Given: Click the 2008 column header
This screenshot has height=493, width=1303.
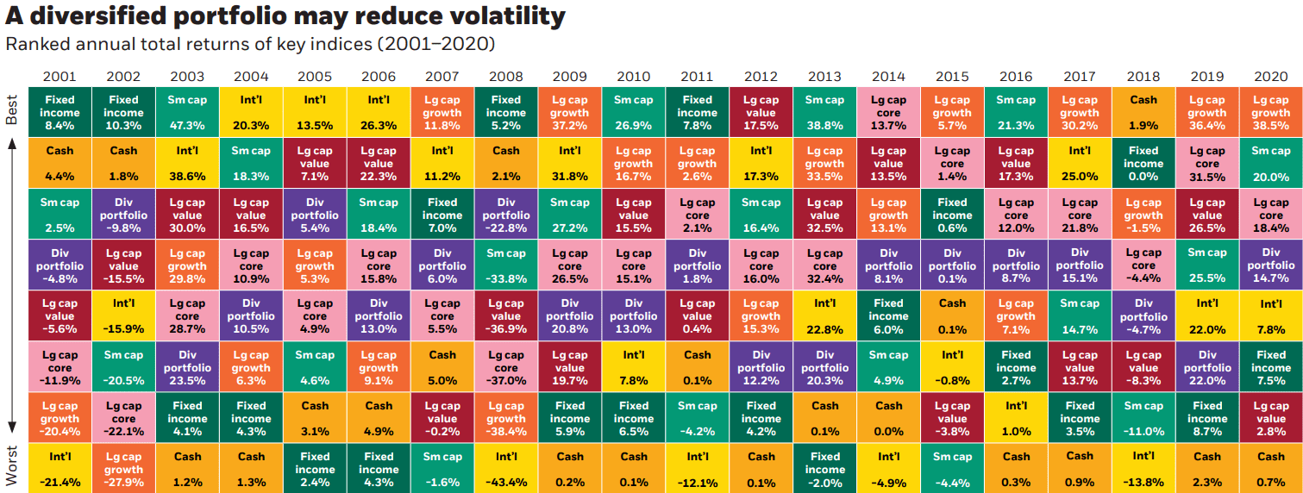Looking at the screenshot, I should (505, 77).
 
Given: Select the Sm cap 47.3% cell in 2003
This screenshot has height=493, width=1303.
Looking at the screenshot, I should (187, 112).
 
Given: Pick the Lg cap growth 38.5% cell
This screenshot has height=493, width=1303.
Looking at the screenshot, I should (1270, 112).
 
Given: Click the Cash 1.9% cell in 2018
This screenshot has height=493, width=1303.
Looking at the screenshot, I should (1143, 112).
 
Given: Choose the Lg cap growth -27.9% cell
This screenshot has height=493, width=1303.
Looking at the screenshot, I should (123, 469).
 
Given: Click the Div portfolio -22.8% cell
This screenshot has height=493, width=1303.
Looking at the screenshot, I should (505, 215).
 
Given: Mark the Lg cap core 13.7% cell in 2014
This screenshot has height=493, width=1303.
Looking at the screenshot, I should (888, 112).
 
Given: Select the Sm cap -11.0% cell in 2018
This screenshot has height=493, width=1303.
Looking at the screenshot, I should (1143, 418).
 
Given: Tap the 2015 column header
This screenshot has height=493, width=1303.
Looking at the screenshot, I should (952, 77).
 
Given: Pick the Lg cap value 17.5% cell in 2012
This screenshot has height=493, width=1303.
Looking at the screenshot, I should (761, 112).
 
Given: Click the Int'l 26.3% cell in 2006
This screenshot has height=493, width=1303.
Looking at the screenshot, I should (378, 112).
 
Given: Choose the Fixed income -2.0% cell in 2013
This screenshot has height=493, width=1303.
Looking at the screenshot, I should (824, 469).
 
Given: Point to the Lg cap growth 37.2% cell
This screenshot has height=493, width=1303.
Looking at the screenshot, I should (569, 112).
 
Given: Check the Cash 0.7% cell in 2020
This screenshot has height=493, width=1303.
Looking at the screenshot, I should (1270, 469).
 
